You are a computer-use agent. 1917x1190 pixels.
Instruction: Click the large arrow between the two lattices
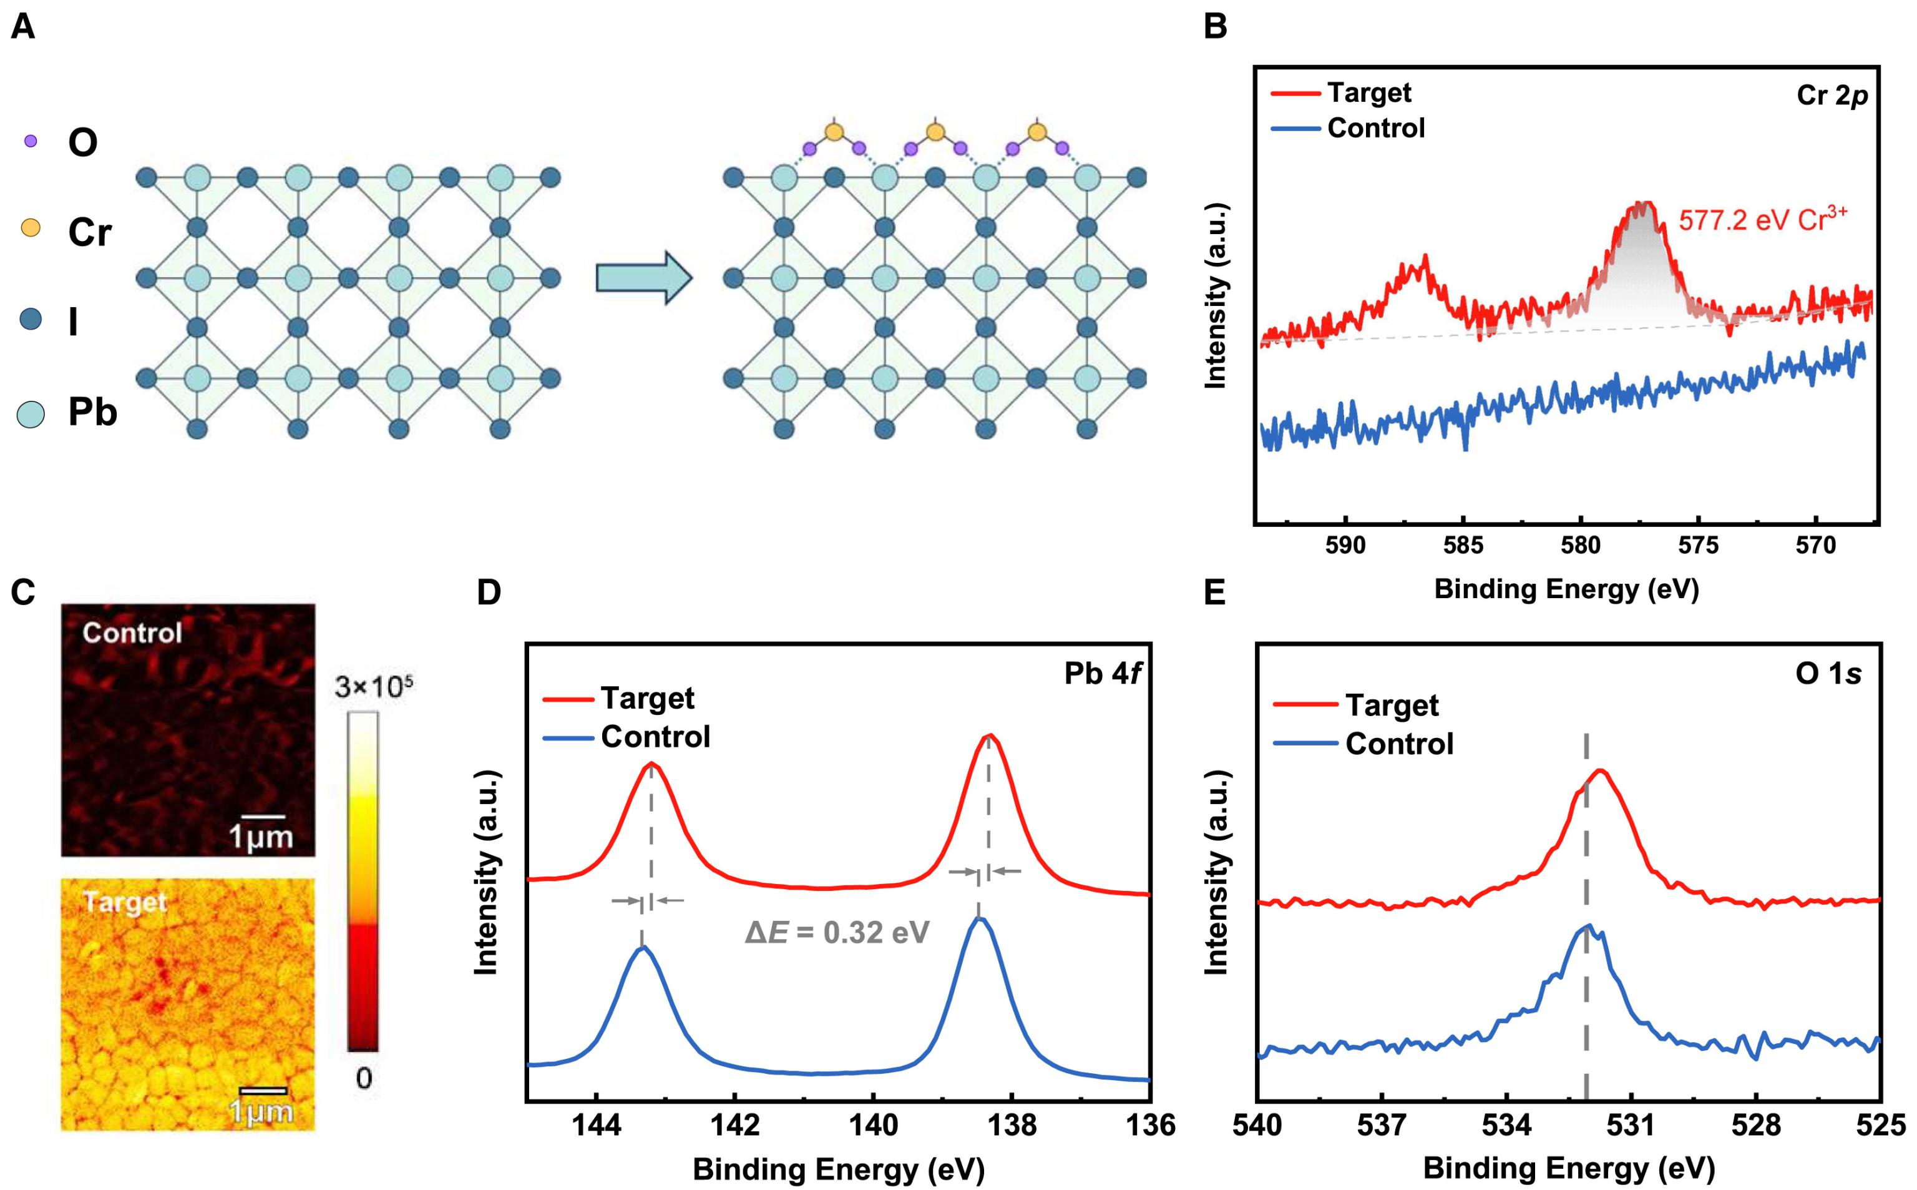point(643,277)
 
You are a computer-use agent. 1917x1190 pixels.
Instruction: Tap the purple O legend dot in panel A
point(31,142)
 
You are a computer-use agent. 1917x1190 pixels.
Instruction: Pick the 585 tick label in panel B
point(1463,546)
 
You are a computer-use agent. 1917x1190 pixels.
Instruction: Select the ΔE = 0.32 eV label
point(837,933)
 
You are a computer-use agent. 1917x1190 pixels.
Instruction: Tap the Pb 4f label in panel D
point(1102,674)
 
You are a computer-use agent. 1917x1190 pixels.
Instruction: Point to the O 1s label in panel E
point(1828,674)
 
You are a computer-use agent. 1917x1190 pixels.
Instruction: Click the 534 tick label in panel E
point(1506,1126)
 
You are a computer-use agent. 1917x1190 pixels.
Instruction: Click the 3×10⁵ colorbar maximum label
point(374,687)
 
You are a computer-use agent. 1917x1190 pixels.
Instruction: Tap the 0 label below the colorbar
point(363,1078)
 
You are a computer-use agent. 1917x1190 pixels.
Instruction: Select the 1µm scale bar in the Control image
point(263,819)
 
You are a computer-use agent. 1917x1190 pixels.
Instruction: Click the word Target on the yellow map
point(125,902)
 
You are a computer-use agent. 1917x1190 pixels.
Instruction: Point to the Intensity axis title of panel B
point(1216,295)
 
